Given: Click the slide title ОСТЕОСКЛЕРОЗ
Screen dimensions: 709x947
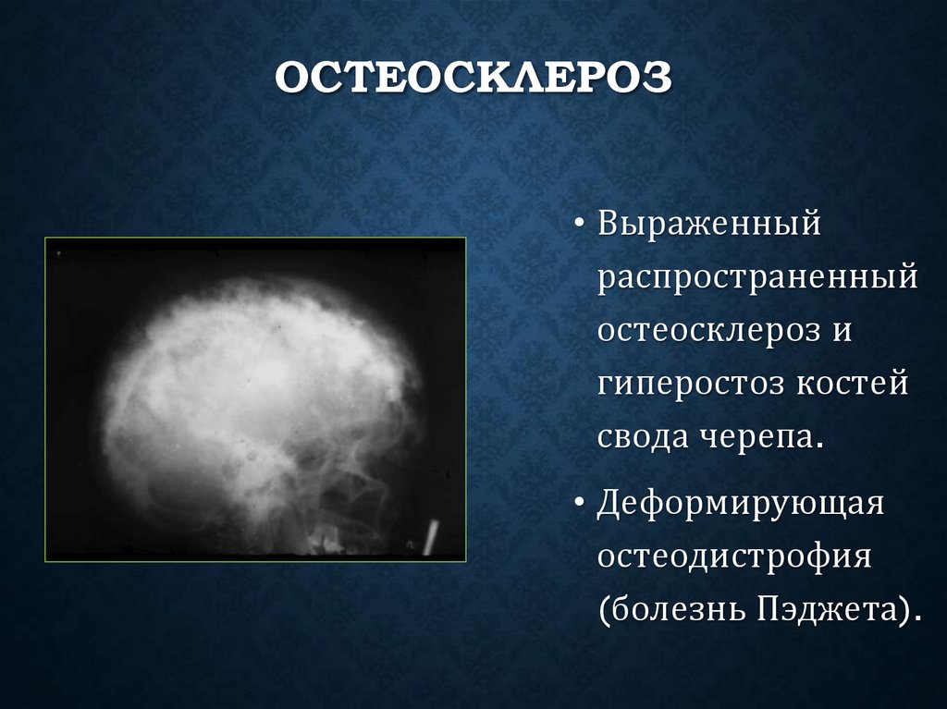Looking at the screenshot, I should (x=473, y=79).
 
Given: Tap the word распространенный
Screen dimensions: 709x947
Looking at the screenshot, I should (x=757, y=277).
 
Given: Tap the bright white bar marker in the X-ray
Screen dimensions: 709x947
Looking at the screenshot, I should (x=429, y=537).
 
